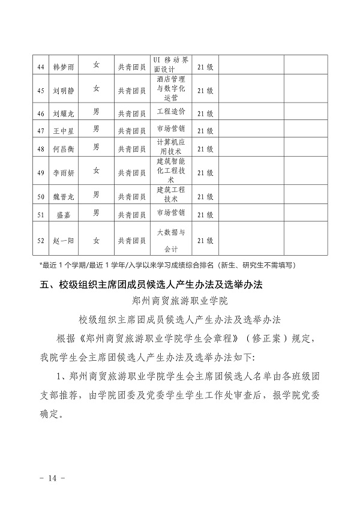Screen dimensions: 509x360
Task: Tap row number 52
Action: (41, 241)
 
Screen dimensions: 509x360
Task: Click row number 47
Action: (41, 131)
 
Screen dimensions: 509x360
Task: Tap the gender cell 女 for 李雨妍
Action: (96, 170)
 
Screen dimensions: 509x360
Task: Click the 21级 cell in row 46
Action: (205, 113)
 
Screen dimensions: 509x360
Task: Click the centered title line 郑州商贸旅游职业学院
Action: (180, 299)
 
